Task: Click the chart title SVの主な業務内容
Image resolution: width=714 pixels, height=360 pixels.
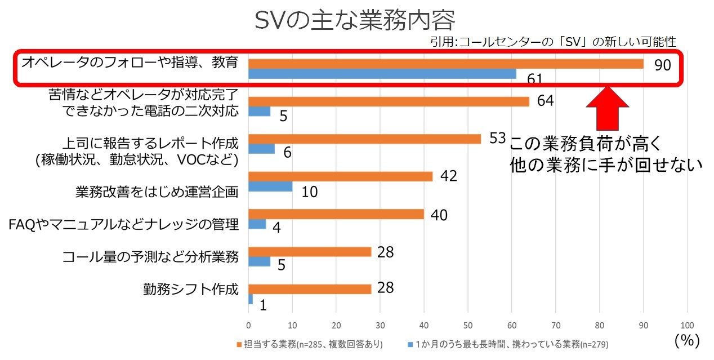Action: (x=355, y=20)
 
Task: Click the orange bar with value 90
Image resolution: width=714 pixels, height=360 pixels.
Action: (x=446, y=64)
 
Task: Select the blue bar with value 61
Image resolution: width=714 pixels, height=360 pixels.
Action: (x=382, y=74)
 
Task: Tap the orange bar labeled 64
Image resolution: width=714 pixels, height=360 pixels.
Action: (x=389, y=101)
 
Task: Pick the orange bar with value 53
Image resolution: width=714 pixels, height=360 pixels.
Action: (x=365, y=139)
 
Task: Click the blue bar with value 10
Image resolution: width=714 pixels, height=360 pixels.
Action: (x=270, y=186)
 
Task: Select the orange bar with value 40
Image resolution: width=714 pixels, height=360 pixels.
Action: (x=336, y=214)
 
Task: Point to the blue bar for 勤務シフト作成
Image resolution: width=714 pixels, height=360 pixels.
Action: (x=251, y=299)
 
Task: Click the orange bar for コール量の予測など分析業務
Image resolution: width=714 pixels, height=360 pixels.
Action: (x=310, y=252)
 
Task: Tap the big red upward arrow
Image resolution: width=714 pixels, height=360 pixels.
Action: (x=607, y=108)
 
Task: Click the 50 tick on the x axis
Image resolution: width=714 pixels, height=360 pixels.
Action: (x=468, y=325)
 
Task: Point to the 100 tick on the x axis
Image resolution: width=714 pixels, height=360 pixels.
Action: (x=687, y=325)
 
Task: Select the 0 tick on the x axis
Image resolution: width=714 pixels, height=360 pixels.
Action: (x=249, y=325)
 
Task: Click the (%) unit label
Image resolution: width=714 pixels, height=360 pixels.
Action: (x=687, y=340)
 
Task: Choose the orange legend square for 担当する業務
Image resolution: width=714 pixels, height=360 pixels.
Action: (x=239, y=345)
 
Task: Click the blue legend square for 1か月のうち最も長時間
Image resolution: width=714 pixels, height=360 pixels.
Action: (x=410, y=345)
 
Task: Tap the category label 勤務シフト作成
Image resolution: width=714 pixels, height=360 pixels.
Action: (x=191, y=289)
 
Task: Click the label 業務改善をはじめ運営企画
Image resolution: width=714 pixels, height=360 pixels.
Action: (x=157, y=192)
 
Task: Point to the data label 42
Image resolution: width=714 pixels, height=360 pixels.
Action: (x=449, y=176)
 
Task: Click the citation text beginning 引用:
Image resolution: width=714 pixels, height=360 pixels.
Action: (x=553, y=42)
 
